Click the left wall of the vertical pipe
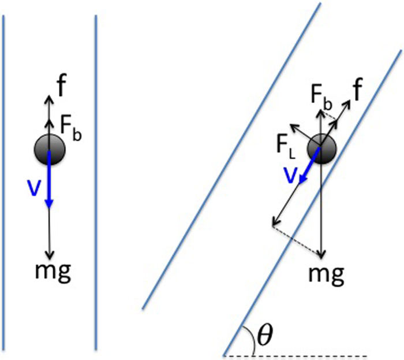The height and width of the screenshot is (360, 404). point(5,173)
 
